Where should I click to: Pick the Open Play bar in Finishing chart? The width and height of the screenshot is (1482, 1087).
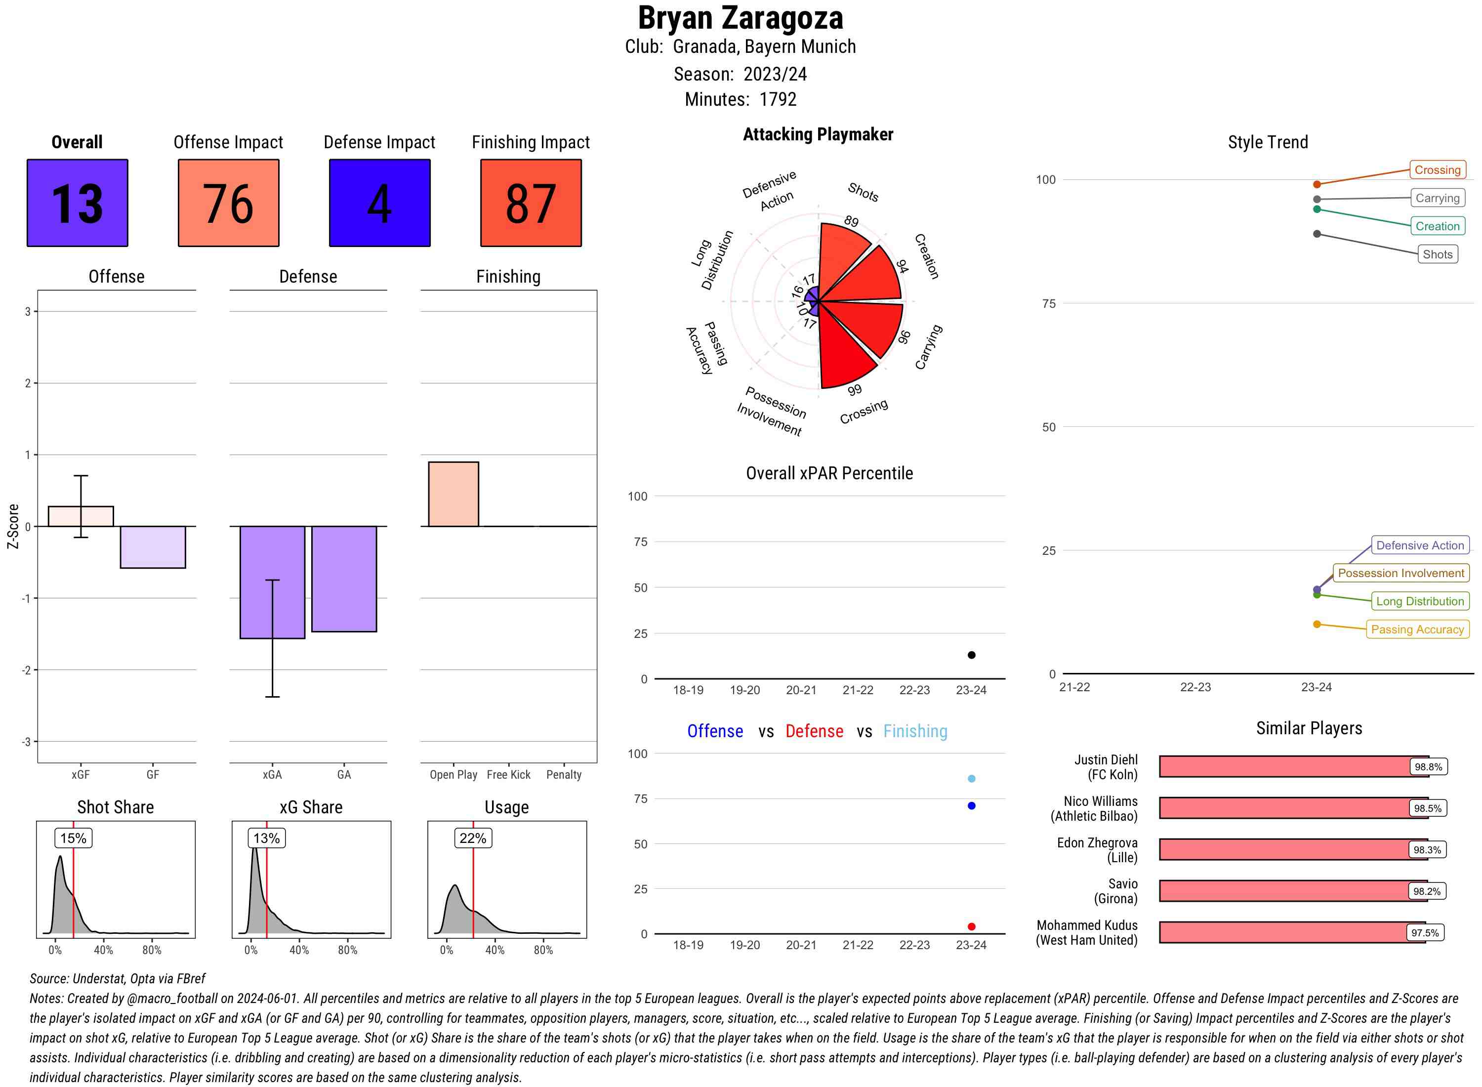pos(453,494)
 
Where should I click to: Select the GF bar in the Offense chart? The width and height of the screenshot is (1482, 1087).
pos(153,547)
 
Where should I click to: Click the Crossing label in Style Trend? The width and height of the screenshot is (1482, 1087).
pos(1437,170)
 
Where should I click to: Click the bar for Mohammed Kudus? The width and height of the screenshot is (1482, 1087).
pos(1291,932)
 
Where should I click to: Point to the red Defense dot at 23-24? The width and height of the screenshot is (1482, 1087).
pos(971,926)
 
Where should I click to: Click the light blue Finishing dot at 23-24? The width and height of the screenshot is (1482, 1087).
pos(971,778)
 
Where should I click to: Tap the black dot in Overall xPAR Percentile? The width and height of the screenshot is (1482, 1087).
pos(971,655)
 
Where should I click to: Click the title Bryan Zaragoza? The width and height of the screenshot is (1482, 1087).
pos(740,18)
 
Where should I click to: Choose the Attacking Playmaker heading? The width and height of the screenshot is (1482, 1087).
pos(818,134)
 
